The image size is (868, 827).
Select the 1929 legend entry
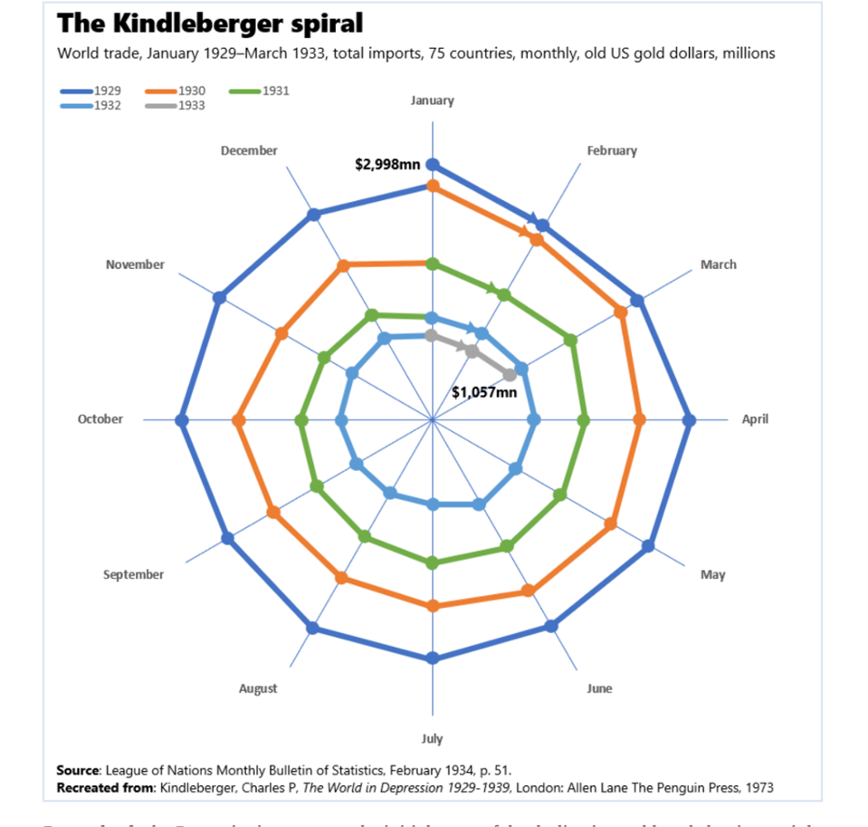point(108,91)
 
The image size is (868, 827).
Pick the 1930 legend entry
point(192,91)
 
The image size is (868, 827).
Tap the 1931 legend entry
point(275,91)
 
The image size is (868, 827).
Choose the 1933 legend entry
point(192,105)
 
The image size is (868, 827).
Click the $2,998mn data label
point(387,165)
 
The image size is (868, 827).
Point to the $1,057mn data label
point(484,392)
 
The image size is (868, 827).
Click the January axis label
point(432,101)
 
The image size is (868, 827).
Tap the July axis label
point(432,738)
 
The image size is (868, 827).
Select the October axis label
point(100,419)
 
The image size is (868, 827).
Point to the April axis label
point(755,419)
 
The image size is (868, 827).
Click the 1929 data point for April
point(689,419)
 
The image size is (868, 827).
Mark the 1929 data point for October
point(181,420)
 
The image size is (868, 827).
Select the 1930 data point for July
point(433,606)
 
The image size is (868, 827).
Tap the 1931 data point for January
point(432,264)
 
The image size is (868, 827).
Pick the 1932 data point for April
point(534,419)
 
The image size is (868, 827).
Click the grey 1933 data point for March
point(510,374)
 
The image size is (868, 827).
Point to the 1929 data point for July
point(433,658)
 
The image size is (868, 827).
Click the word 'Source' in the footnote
point(77,770)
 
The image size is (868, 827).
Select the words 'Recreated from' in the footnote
point(105,787)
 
